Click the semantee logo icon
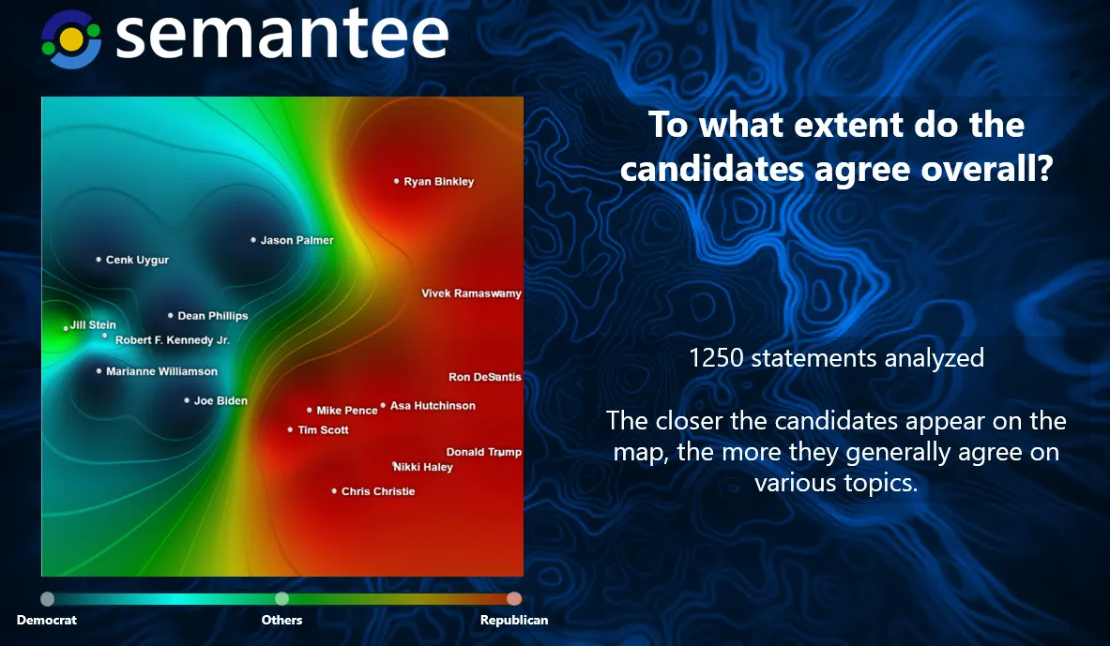[70, 39]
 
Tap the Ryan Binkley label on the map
[439, 182]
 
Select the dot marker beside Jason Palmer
[253, 240]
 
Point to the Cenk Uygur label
[137, 261]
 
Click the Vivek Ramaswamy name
[471, 293]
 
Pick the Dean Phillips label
[213, 316]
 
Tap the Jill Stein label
[93, 324]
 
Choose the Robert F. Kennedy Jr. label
[173, 340]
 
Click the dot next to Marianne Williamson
[99, 370]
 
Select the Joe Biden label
[220, 400]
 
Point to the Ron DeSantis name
[485, 377]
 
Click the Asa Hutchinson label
[433, 405]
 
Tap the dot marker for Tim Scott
[290, 429]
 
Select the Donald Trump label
[484, 452]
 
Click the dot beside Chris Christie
[334, 491]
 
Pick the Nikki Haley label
[422, 467]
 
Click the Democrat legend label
[47, 620]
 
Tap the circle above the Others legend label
[281, 598]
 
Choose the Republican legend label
[514, 620]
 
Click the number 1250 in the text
[716, 358]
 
